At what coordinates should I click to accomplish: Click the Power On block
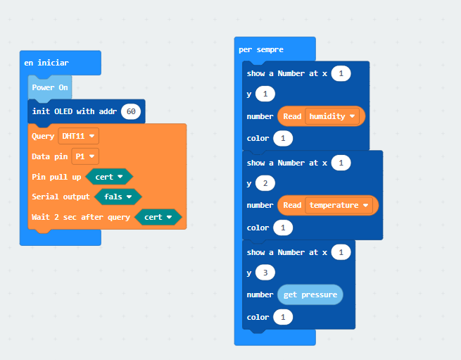50,87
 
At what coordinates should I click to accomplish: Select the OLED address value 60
131,111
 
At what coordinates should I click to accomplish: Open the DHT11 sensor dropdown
79,136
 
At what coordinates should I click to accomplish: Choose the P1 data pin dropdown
85,156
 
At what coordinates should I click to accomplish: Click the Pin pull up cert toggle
109,177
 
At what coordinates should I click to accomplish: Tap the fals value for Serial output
118,197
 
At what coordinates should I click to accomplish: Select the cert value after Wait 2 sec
158,217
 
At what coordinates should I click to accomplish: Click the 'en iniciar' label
46,63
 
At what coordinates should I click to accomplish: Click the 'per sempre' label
261,49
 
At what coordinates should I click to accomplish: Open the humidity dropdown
332,116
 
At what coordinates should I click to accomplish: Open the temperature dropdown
339,205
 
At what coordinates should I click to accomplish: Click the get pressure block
310,294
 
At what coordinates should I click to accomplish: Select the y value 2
265,183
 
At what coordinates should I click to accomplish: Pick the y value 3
265,273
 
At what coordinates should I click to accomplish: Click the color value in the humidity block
283,138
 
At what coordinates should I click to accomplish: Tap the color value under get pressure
283,317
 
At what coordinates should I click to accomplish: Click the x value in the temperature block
341,163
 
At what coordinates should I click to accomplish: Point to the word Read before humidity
292,116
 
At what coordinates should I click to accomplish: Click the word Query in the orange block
43,136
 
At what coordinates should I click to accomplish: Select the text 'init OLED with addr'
75,111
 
